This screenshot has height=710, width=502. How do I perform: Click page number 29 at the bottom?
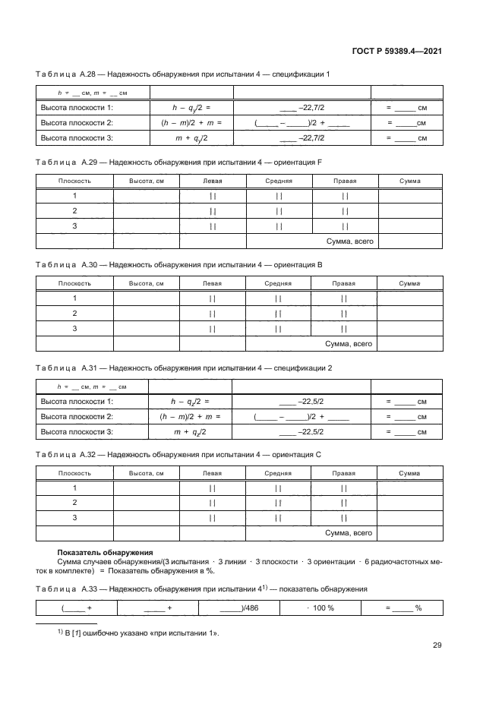(x=437, y=645)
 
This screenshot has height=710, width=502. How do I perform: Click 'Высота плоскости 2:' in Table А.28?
(x=76, y=123)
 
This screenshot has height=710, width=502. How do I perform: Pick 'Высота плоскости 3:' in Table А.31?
(x=76, y=431)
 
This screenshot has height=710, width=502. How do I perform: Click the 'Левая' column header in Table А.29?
(x=213, y=181)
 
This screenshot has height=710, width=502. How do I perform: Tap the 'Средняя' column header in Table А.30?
(x=279, y=283)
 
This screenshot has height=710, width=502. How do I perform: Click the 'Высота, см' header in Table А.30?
(x=146, y=283)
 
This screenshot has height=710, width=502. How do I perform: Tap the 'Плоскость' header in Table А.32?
(x=75, y=473)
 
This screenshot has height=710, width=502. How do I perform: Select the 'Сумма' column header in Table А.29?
(x=409, y=181)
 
